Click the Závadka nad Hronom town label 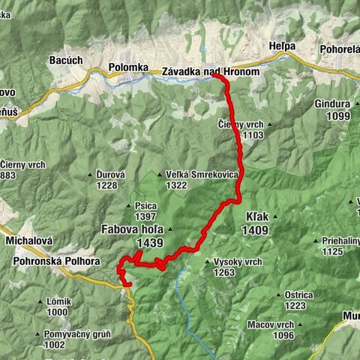pos(210,72)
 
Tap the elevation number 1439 pos(150,243)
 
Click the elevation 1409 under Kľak pos(255,230)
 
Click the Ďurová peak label pos(109,175)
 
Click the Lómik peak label pos(58,301)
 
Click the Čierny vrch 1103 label pos(241,124)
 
